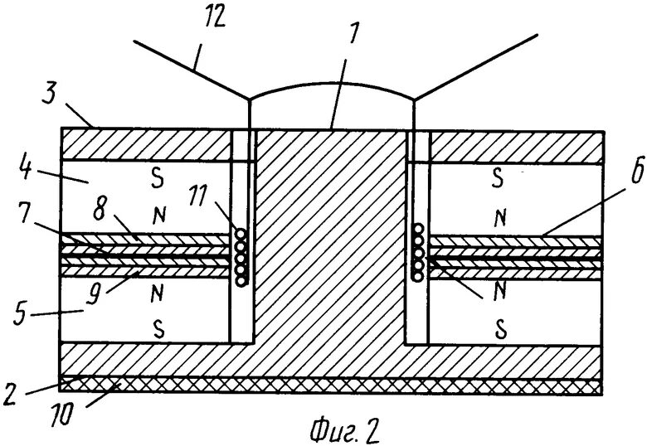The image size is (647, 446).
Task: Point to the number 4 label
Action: pyautogui.click(x=25, y=172)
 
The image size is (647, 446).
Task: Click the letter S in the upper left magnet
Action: pyautogui.click(x=153, y=177)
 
